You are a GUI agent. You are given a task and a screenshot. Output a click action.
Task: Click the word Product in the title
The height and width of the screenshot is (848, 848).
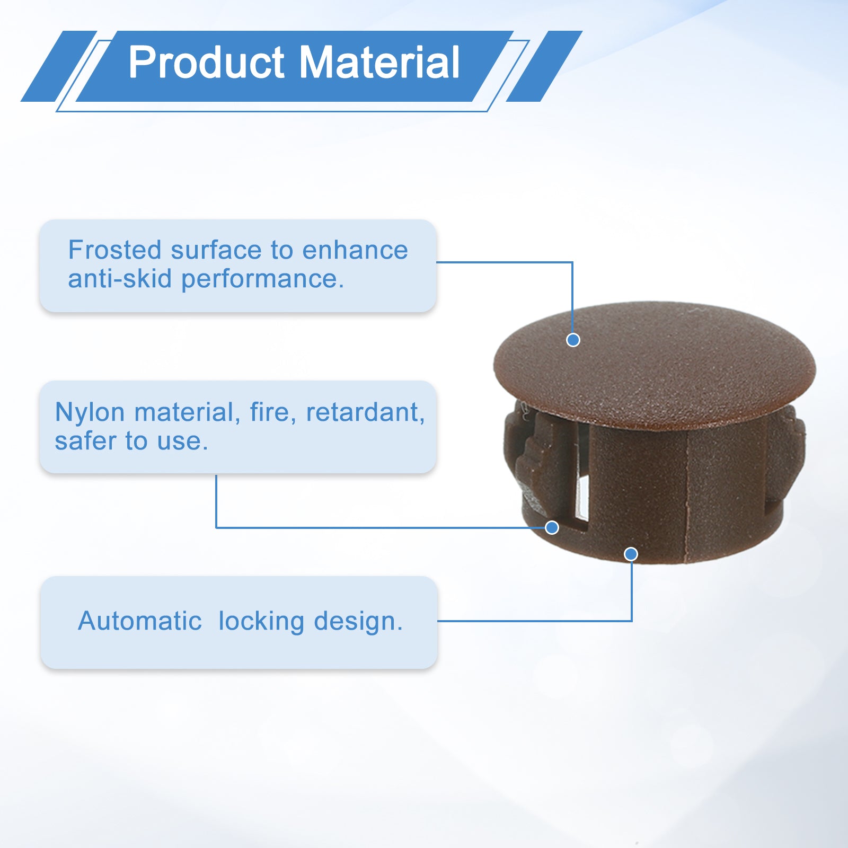(x=207, y=63)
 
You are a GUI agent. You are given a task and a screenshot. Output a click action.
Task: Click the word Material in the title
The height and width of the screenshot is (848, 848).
(x=379, y=63)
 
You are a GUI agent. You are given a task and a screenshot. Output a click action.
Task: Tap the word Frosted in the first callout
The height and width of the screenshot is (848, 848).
(x=114, y=250)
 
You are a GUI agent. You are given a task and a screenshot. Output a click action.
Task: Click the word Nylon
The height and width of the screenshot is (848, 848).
(x=90, y=413)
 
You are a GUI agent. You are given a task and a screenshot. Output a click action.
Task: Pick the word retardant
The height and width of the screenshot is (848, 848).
(x=365, y=412)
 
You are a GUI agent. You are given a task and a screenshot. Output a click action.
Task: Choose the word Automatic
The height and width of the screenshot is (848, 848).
(x=140, y=621)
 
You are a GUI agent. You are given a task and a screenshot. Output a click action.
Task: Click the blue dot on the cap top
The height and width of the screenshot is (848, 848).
(x=573, y=340)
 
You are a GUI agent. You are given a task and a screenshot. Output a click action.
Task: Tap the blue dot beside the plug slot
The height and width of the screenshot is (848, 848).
(x=552, y=527)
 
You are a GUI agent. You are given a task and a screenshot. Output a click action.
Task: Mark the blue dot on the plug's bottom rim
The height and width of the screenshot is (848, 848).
(x=631, y=554)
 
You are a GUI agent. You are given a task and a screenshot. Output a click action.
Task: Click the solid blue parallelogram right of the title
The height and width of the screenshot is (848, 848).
(x=544, y=66)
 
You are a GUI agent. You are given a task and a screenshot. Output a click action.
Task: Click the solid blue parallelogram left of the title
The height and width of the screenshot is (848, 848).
(x=59, y=66)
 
